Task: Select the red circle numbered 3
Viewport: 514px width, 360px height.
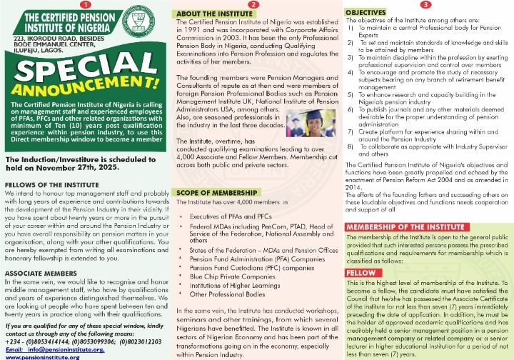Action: (425, 5)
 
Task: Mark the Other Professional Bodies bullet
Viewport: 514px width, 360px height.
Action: (226, 294)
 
